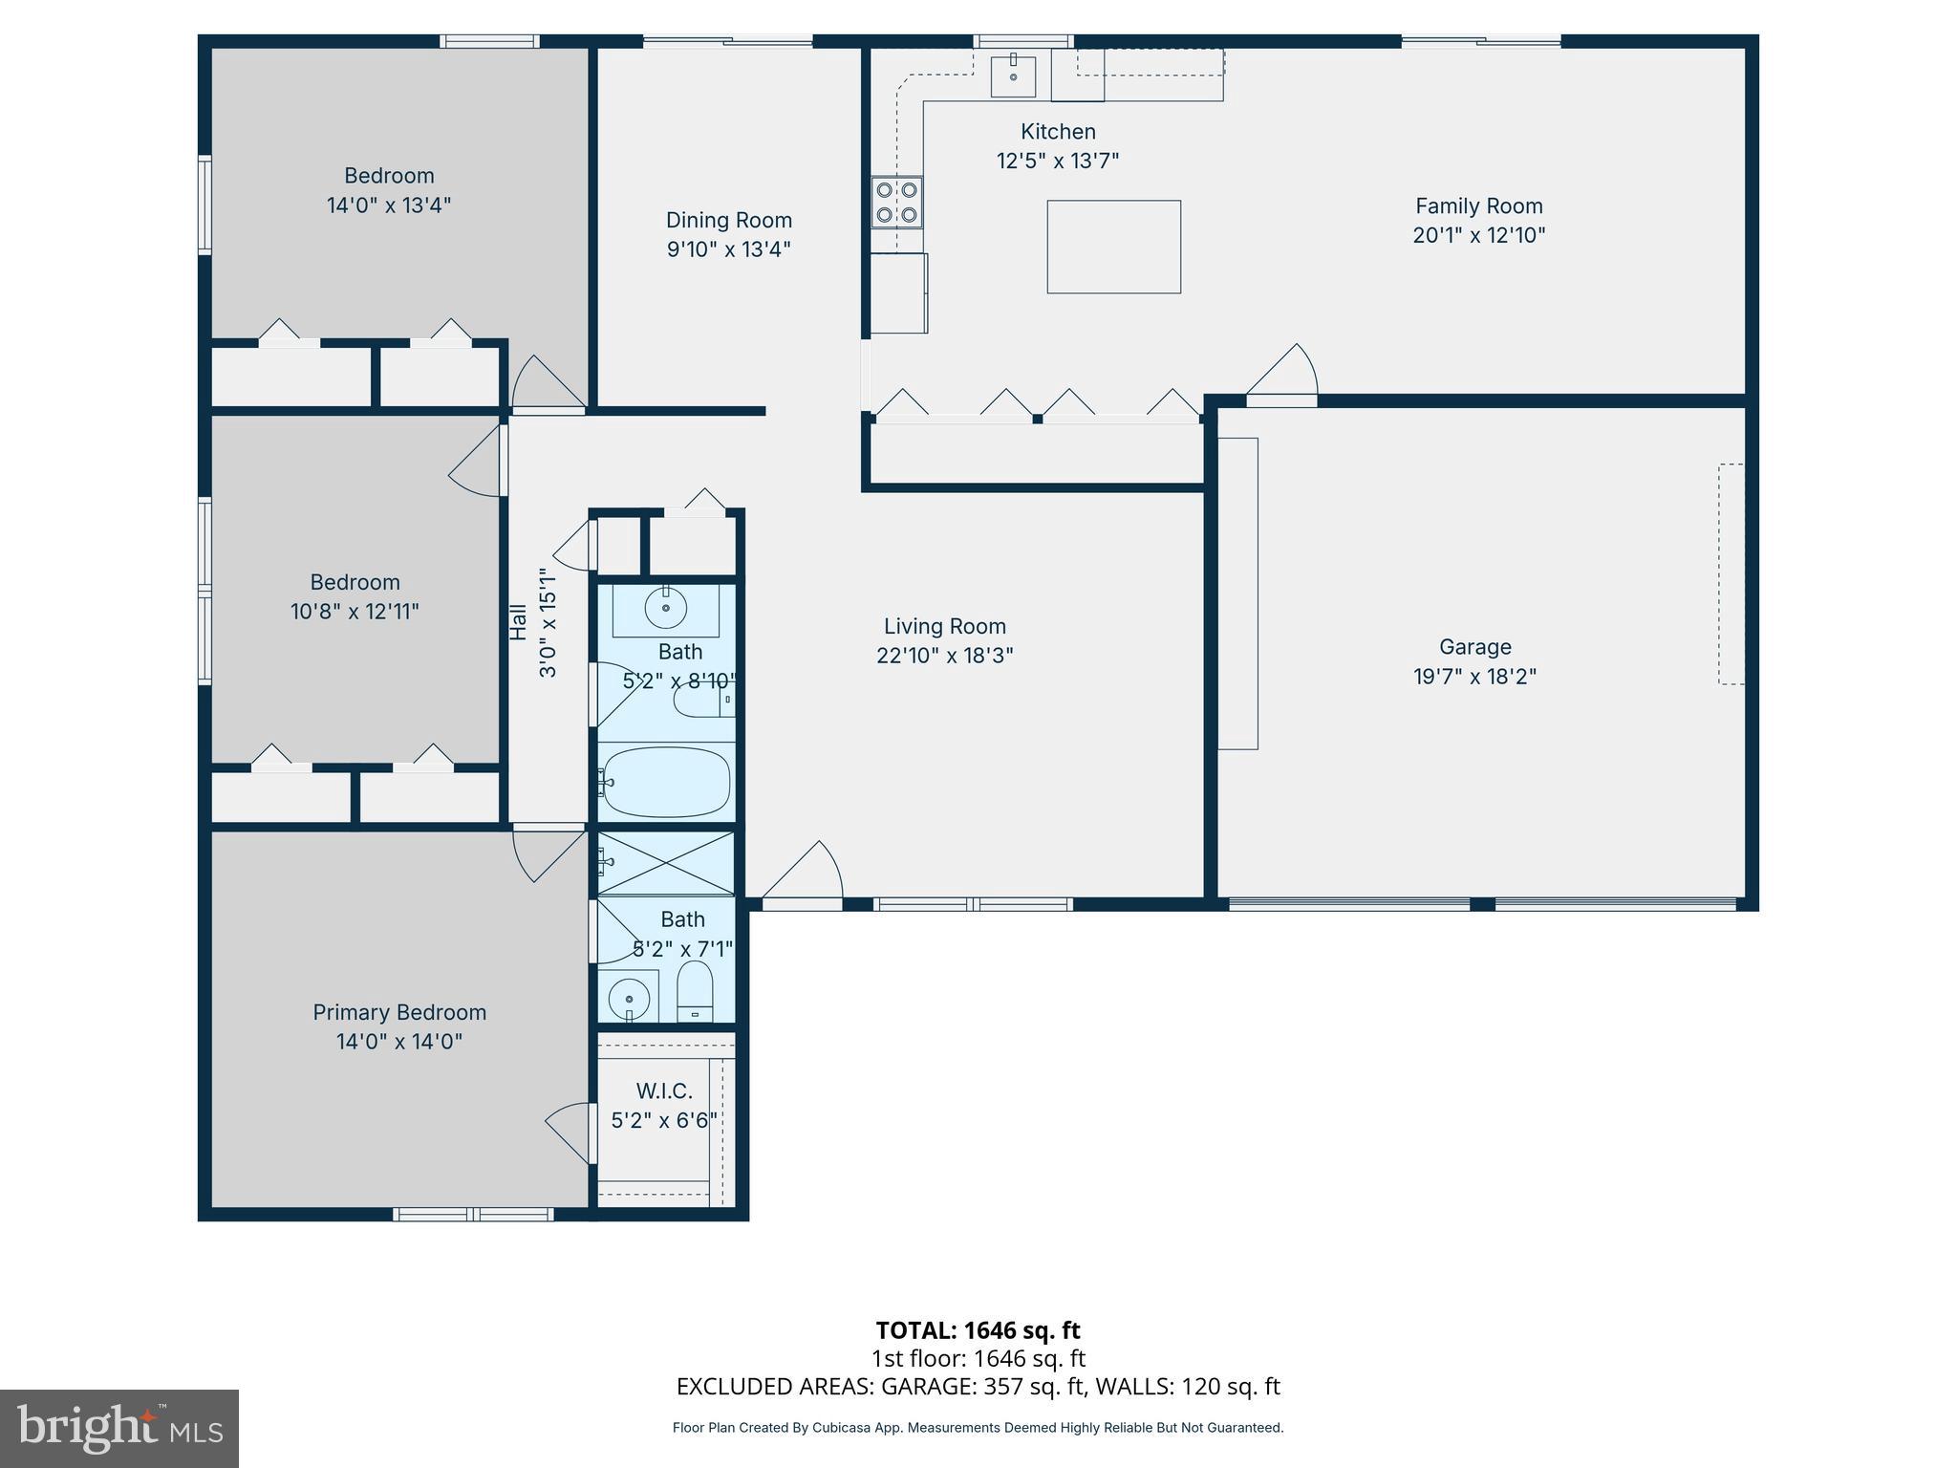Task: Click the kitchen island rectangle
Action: (1113, 247)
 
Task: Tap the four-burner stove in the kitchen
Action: (896, 203)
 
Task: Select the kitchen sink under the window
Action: (1013, 76)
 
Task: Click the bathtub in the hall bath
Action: (666, 783)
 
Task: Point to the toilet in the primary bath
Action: (695, 992)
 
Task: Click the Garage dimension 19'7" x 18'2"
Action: (1474, 677)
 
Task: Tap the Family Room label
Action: (1478, 205)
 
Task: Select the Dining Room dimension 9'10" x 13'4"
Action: (728, 249)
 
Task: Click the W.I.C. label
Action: (664, 1090)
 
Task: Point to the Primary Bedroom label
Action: (399, 1012)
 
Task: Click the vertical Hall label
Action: (518, 621)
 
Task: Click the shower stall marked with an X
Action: (666, 863)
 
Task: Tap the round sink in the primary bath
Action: (629, 999)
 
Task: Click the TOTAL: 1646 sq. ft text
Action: (978, 1329)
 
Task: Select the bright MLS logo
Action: (119, 1428)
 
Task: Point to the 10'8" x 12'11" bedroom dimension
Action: (355, 612)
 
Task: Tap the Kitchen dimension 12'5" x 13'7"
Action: (1057, 161)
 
